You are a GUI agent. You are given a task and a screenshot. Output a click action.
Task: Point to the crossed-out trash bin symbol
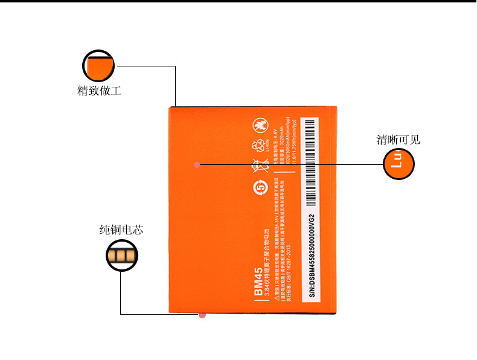coord(258,164)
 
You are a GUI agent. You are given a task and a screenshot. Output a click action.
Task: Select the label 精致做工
coord(100,91)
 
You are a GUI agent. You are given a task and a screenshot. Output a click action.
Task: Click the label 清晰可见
coord(398,140)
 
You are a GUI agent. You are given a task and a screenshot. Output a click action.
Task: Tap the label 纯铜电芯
coord(121,230)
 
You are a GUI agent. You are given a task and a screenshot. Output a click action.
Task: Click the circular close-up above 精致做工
coord(98,66)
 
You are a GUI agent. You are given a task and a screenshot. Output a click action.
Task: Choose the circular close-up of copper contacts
coord(121,256)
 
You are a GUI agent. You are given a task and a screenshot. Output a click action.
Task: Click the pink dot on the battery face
coord(197,164)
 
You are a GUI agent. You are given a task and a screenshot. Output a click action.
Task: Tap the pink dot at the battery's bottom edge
coord(202,315)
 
